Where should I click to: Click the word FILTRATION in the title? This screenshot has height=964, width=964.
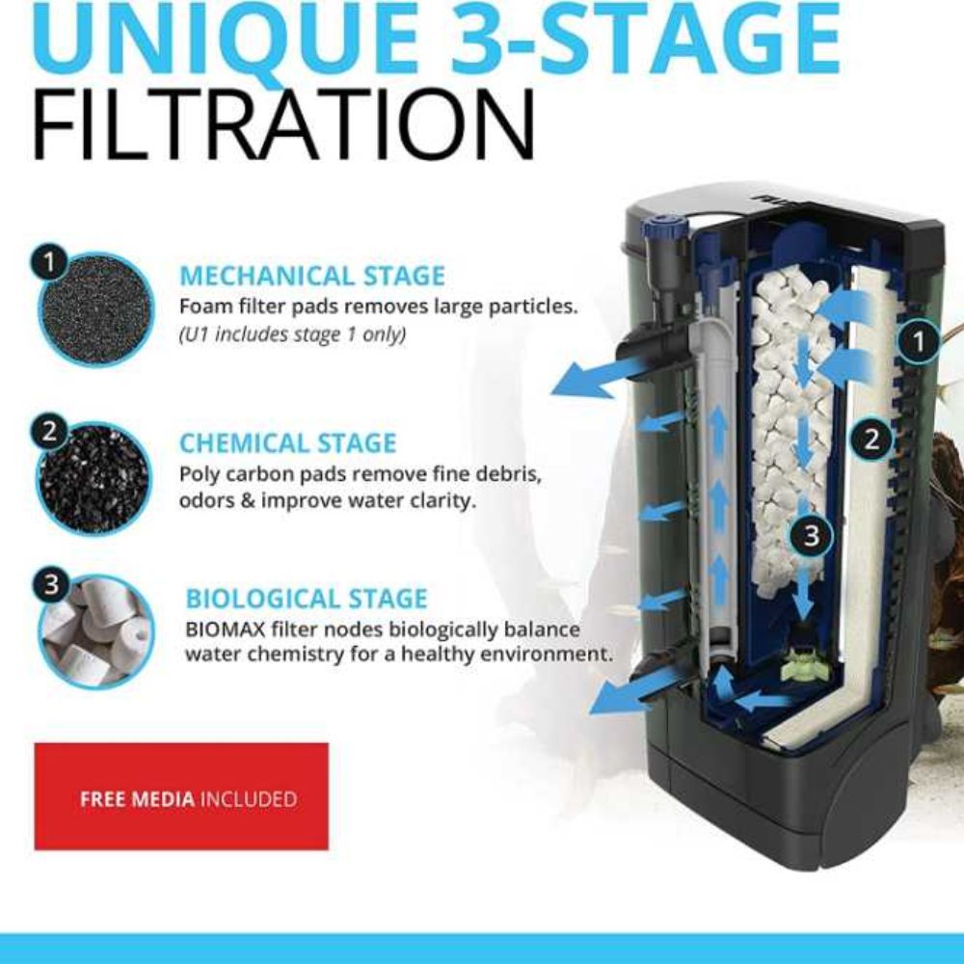click(x=282, y=124)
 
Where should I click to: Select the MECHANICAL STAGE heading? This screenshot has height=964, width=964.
click(x=312, y=276)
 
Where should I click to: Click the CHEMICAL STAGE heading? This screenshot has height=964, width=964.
click(x=287, y=443)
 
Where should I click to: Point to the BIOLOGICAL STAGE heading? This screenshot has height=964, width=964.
click(x=307, y=599)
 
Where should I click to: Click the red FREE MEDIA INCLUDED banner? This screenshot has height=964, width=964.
click(x=181, y=797)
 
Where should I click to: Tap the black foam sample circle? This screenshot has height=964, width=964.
click(x=96, y=310)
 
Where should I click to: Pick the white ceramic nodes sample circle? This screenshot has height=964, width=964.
click(x=96, y=633)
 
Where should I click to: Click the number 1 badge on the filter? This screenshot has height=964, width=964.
click(x=918, y=341)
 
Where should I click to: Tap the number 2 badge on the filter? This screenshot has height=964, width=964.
click(x=871, y=440)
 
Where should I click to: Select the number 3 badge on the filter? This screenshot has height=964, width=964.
click(x=812, y=535)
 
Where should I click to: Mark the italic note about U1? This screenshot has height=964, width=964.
click(x=292, y=335)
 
